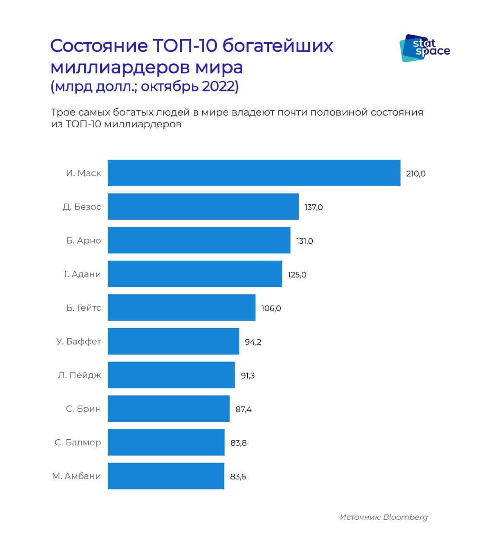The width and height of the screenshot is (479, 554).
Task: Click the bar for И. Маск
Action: tap(254, 173)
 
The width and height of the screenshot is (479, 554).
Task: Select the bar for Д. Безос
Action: tap(203, 206)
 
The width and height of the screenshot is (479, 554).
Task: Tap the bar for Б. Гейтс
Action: tap(182, 308)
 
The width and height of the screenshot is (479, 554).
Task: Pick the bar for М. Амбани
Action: tap(166, 476)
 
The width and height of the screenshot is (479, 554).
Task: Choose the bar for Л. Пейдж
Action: tap(171, 375)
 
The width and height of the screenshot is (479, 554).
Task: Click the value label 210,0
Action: tap(415, 174)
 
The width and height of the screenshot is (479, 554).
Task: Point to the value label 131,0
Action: tap(304, 241)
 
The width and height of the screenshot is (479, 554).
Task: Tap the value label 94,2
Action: tap(253, 342)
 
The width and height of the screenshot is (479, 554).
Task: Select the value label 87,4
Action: tap(243, 409)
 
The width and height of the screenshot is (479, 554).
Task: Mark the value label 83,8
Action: tap(238, 443)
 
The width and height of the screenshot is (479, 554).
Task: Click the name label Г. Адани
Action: tap(82, 274)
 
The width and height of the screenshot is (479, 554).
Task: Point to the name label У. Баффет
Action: tap(79, 341)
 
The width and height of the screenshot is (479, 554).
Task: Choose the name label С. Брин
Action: tap(83, 409)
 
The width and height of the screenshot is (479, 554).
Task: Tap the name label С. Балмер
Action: tap(78, 442)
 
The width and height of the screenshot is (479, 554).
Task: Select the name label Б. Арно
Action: tap(83, 240)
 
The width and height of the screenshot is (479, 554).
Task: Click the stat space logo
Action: tap(424, 48)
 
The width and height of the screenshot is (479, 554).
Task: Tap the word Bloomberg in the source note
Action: tap(405, 517)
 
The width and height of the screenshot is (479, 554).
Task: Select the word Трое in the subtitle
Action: tap(63, 112)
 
